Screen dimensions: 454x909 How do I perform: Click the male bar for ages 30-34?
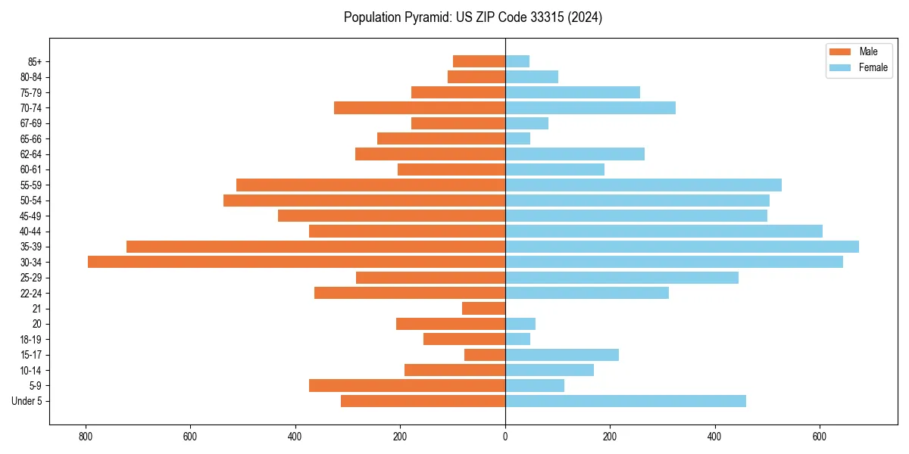pos(296,262)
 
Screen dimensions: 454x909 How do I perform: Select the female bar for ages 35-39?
pos(682,247)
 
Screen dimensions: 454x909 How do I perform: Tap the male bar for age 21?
pos(483,308)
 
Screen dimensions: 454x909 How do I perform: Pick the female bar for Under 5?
pos(625,401)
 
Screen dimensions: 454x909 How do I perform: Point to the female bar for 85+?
pos(517,61)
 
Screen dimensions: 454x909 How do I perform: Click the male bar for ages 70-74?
pos(420,107)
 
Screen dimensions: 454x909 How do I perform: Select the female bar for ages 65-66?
pos(517,138)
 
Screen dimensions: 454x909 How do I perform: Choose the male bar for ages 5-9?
pos(407,385)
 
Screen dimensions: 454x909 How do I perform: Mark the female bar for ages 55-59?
pos(643,185)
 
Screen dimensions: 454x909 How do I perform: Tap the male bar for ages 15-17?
pos(485,354)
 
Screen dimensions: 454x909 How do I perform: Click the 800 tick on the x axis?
pos(86,437)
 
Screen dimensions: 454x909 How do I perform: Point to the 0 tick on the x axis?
pos(505,437)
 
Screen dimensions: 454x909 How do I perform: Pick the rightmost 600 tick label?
pos(819,437)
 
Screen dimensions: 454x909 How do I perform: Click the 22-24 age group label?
pos(30,293)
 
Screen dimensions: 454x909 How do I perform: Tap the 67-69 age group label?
pos(30,123)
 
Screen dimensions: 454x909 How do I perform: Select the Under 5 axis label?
pos(27,401)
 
